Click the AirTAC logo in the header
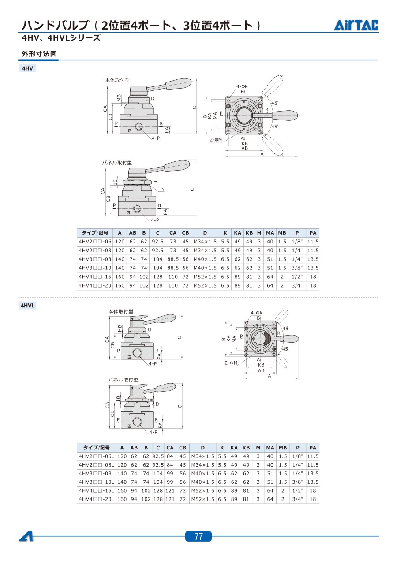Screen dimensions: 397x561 [x=356, y=25]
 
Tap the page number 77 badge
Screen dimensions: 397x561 [x=198, y=536]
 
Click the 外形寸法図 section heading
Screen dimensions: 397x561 [x=39, y=54]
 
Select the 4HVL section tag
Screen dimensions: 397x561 [x=27, y=305]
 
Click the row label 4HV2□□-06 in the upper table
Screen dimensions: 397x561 [x=95, y=242]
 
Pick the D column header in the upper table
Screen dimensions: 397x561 [x=205, y=233]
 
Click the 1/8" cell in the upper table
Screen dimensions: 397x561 [x=297, y=242]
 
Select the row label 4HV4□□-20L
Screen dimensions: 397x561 [x=96, y=499]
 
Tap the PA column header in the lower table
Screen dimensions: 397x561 [x=313, y=448]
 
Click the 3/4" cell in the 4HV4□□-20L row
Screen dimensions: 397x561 [x=298, y=499]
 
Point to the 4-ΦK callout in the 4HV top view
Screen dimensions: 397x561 [x=242, y=86]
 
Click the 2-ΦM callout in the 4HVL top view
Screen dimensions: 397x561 [x=231, y=363]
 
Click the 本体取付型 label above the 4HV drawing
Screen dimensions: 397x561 [x=117, y=80]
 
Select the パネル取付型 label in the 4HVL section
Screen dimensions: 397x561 [x=123, y=380]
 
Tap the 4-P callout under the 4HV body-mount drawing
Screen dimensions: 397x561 [x=156, y=138]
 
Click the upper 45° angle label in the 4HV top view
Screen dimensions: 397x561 [x=274, y=103]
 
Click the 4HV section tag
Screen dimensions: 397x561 [x=27, y=68]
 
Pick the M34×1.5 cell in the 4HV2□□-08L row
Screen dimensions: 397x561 [x=202, y=465]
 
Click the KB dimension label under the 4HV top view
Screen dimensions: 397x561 [x=244, y=143]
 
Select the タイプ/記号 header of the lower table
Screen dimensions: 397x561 [x=96, y=448]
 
